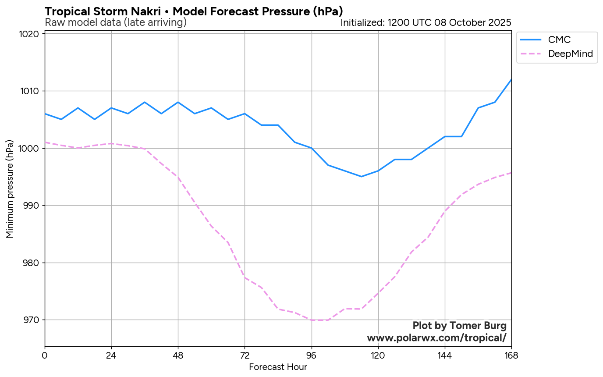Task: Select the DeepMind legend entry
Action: [x=570, y=54]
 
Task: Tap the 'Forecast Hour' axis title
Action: [x=278, y=367]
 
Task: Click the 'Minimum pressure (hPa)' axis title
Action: [x=10, y=189]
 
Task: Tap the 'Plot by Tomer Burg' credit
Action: [x=459, y=326]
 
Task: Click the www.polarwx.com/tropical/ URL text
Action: [x=436, y=338]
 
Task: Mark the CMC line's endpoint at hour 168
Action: [x=511, y=79]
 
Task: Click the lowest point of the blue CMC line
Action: [x=362, y=177]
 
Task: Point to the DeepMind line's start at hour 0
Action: [x=45, y=142]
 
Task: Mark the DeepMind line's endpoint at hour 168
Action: [x=511, y=173]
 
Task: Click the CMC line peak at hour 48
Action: [x=178, y=102]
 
